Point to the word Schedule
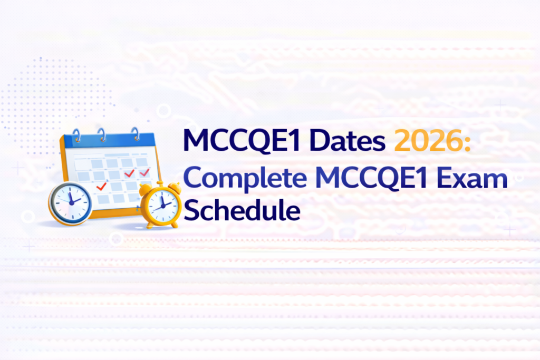click(x=242, y=210)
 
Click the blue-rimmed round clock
click(x=70, y=203)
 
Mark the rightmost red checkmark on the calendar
click(x=144, y=172)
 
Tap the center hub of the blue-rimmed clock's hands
click(x=70, y=201)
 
